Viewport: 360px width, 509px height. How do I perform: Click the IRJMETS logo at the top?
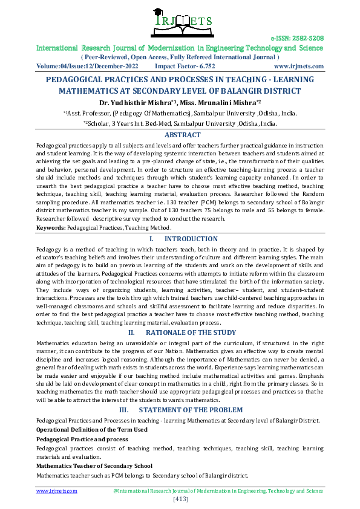pyautogui.click(x=179, y=21)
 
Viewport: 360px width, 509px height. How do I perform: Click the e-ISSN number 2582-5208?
pyautogui.click(x=297, y=37)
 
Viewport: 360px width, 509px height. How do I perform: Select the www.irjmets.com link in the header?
pyautogui.click(x=299, y=66)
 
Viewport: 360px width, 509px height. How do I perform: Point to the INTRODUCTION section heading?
pyautogui.click(x=191, y=239)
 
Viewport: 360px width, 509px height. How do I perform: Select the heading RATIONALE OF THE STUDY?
pyautogui.click(x=191, y=332)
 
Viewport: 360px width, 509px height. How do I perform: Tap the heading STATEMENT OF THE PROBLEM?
pyautogui.click(x=191, y=410)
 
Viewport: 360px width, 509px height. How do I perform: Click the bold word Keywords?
pyautogui.click(x=50, y=228)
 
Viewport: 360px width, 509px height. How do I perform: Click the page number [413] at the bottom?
pyautogui.click(x=180, y=499)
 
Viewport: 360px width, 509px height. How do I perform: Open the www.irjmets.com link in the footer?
pyautogui.click(x=57, y=491)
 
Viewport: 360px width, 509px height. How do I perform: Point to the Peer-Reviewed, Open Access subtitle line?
pyautogui.click(x=180, y=56)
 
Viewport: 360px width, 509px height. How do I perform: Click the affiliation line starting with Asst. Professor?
pyautogui.click(x=180, y=113)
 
